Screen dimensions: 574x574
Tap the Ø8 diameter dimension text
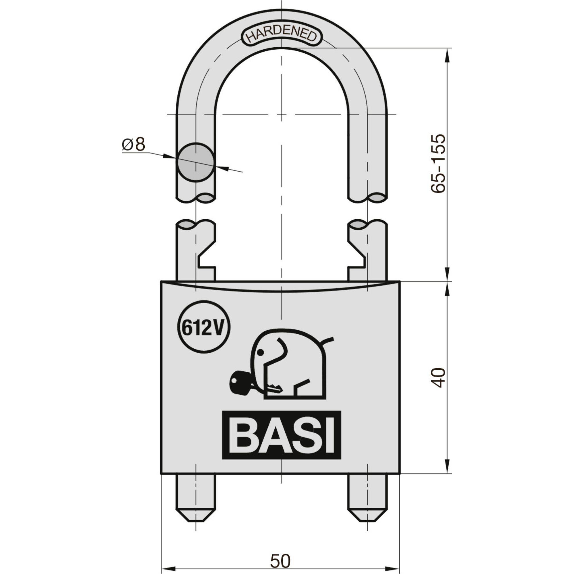[x=133, y=145]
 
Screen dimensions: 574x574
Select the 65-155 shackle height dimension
[x=439, y=164]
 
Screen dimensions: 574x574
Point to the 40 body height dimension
[x=439, y=377]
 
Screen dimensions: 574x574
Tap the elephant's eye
[x=261, y=352]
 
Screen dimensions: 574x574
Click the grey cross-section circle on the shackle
[x=195, y=162]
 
